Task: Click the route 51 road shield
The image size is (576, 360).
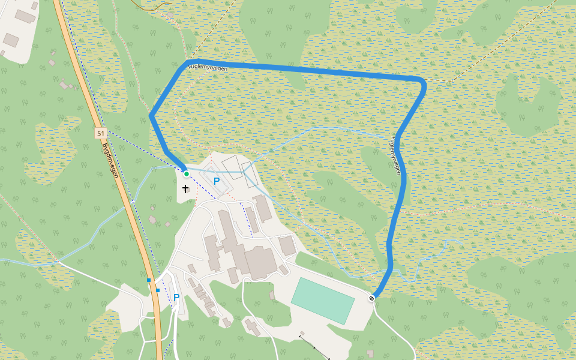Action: tap(100, 133)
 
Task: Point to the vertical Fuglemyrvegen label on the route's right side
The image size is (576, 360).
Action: tap(395, 154)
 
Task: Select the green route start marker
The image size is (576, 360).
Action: tap(187, 174)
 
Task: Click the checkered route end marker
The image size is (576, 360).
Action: tap(372, 298)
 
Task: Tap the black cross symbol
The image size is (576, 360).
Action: tap(185, 188)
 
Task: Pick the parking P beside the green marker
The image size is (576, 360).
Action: tap(217, 180)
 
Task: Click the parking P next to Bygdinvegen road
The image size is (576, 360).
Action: tap(176, 297)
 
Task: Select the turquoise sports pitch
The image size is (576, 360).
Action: tap(323, 301)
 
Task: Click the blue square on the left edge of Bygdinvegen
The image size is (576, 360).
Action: tap(149, 280)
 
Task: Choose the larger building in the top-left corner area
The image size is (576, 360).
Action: tap(26, 16)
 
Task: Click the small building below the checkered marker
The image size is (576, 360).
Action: tap(370, 353)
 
